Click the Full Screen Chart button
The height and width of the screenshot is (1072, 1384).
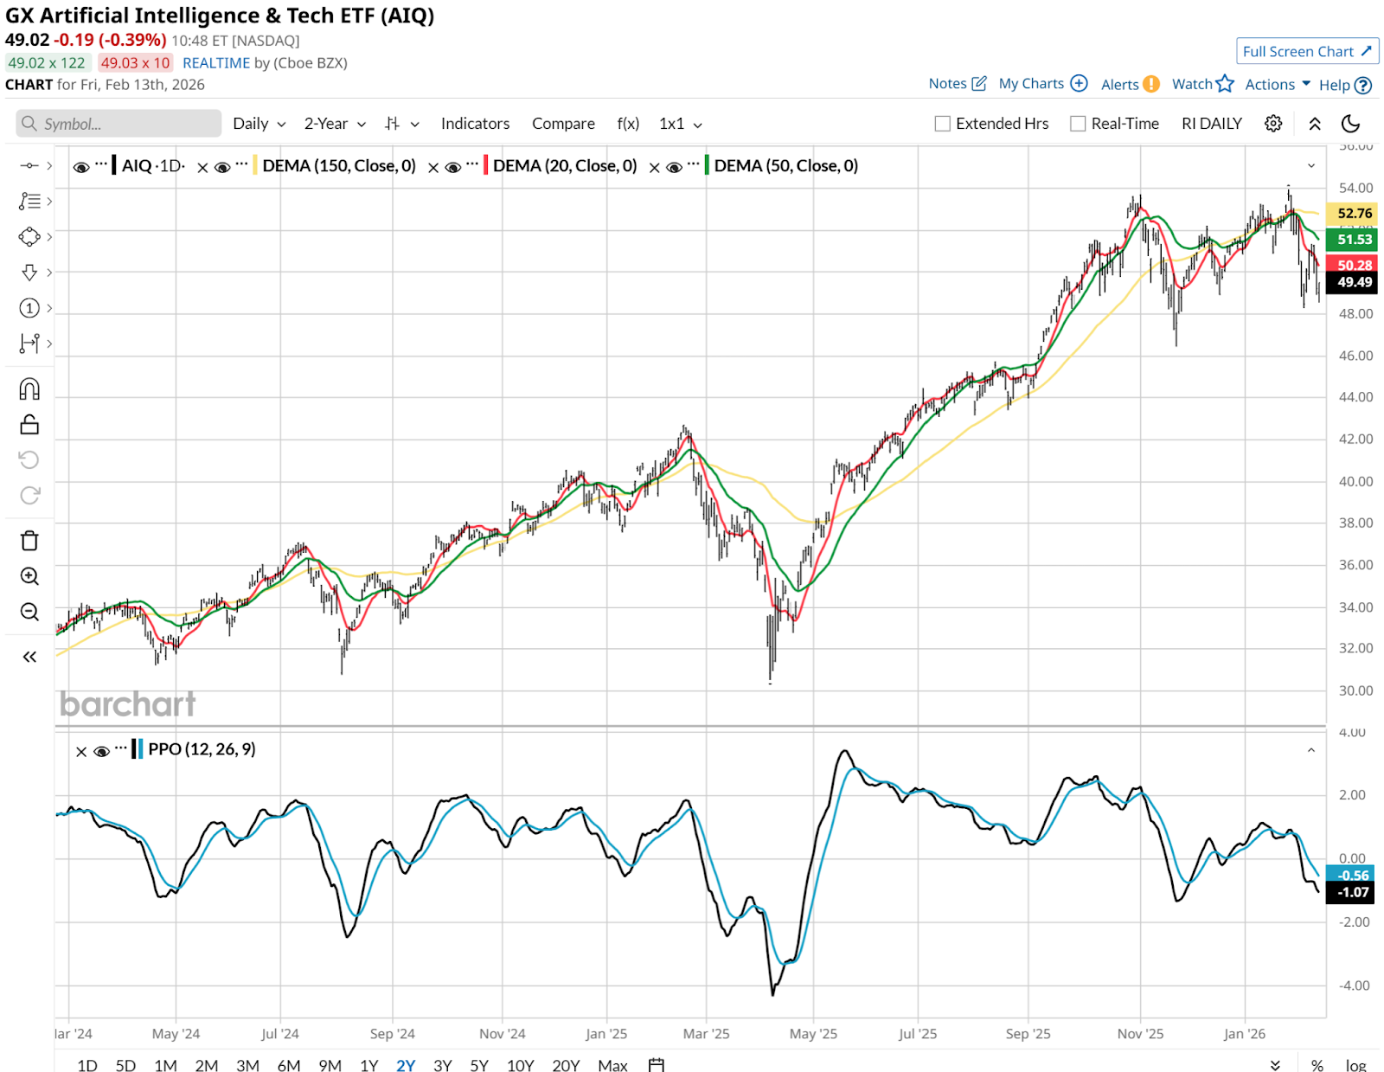(x=1306, y=52)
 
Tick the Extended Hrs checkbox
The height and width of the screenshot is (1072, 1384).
(x=943, y=124)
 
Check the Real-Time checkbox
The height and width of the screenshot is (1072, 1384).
(x=1078, y=124)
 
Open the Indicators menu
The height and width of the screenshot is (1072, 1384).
(x=475, y=124)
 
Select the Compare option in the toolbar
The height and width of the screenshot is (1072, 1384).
(x=563, y=124)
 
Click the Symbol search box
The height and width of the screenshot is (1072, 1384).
(x=119, y=124)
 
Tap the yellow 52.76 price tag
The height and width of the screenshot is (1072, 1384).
(x=1353, y=213)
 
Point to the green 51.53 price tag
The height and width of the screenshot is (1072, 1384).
(x=1353, y=240)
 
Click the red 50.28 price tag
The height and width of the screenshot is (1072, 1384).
(x=1353, y=265)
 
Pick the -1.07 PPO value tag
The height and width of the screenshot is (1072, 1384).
(x=1353, y=892)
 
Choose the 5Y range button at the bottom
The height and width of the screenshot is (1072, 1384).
(x=479, y=1065)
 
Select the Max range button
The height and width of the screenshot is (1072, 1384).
(x=612, y=1065)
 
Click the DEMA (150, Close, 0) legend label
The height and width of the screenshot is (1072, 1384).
(x=339, y=166)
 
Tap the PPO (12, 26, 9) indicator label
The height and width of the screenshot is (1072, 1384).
(x=202, y=749)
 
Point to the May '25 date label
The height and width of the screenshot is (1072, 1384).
(x=813, y=1034)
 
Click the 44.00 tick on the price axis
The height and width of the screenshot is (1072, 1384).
(x=1355, y=397)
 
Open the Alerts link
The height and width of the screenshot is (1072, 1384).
(x=1120, y=85)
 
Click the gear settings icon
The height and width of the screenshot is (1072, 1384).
(x=1273, y=124)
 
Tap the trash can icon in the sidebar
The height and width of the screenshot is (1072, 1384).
(x=29, y=541)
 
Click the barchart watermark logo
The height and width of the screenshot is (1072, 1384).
(x=128, y=704)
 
